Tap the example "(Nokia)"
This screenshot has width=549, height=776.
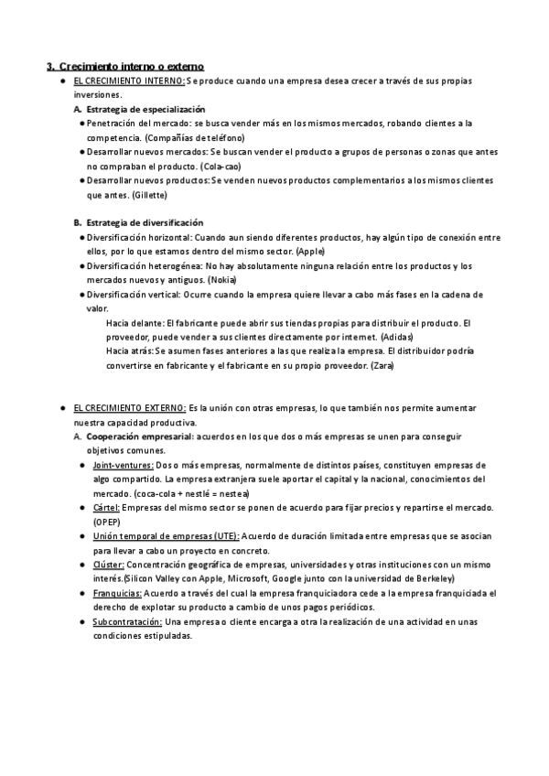pyautogui.click(x=228, y=279)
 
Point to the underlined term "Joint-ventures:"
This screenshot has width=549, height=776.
pyautogui.click(x=123, y=465)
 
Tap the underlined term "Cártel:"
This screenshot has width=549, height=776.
pyautogui.click(x=106, y=508)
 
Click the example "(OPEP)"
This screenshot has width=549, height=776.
pyautogui.click(x=107, y=521)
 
